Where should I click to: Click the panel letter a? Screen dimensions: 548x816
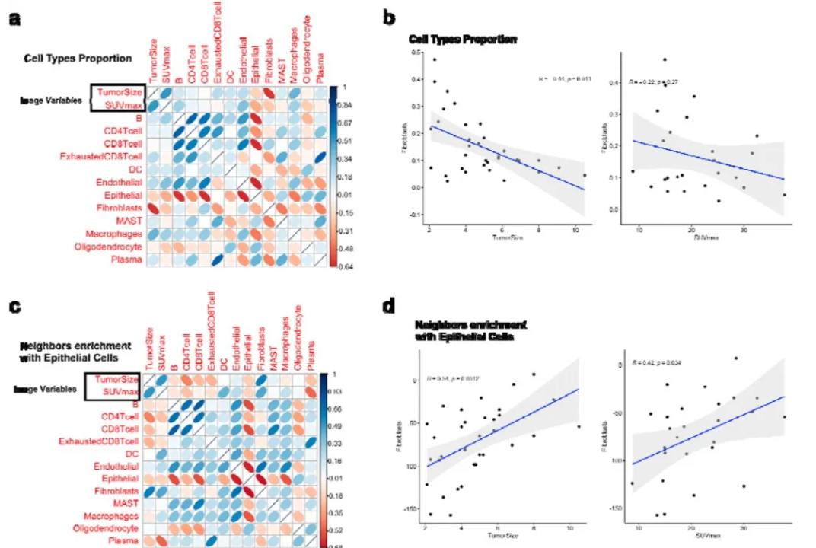click(x=14, y=19)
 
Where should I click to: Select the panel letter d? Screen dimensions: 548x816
click(x=390, y=306)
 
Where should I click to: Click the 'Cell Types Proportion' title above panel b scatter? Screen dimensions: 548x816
click(x=463, y=39)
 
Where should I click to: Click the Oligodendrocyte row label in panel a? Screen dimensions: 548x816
click(x=107, y=247)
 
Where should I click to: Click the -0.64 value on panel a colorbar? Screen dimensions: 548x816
click(x=345, y=266)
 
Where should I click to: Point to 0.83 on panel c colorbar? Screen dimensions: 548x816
click(x=343, y=390)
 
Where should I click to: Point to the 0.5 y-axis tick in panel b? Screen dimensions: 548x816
click(x=416, y=53)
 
